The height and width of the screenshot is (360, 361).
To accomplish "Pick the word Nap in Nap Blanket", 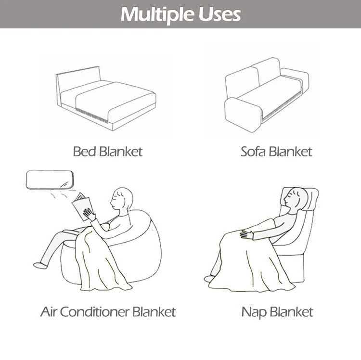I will pyautogui.click(x=254, y=312).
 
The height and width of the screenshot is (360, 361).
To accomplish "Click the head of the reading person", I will pyautogui.click(x=123, y=198).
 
